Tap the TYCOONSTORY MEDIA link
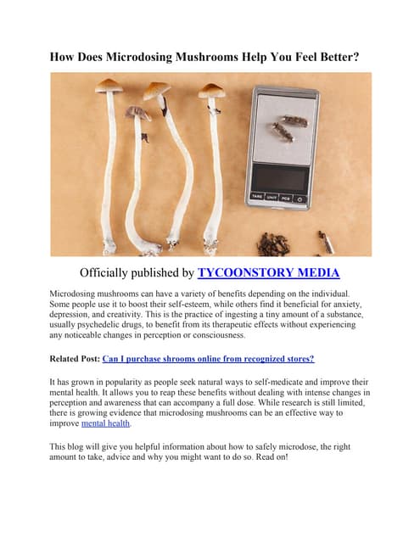coord(268,272)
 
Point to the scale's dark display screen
coord(280,176)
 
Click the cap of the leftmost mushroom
coord(108,85)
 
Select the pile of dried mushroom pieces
coord(273,244)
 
